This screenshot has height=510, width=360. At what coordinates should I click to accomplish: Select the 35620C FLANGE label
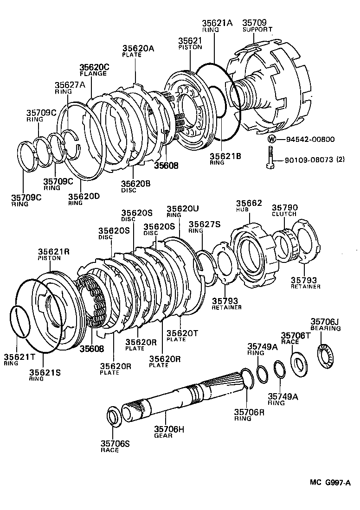pos(93,70)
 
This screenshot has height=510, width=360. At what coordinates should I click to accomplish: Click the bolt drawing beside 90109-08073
pos(270,158)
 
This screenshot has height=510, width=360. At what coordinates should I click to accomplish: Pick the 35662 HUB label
pos(249,206)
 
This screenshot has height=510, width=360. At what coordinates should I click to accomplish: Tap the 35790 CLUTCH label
pos(284,211)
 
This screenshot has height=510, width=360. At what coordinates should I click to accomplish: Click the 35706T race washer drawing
pos(299,362)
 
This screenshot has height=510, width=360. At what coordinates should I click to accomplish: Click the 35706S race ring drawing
pos(114,417)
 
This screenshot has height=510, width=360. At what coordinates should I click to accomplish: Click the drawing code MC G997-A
pos(330,483)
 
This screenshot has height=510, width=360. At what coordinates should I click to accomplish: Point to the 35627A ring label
pos(70,88)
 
